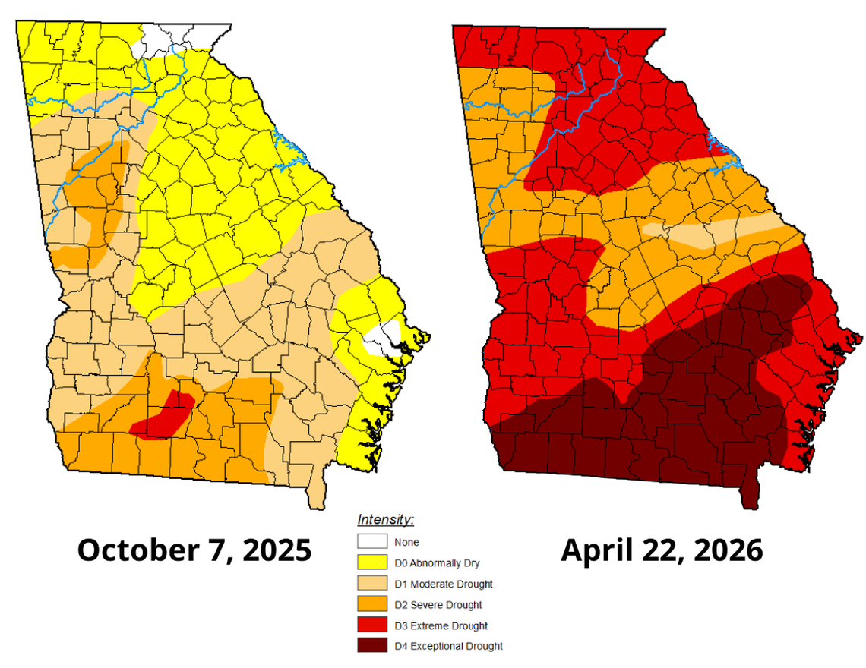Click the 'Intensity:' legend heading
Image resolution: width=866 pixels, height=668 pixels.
(x=385, y=521)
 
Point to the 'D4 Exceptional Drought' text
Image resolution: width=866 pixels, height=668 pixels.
(x=448, y=647)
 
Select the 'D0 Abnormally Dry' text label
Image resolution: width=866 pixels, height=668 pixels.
(x=437, y=563)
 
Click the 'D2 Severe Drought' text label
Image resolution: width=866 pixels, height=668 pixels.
(x=438, y=605)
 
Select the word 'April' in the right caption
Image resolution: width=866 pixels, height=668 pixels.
(x=598, y=550)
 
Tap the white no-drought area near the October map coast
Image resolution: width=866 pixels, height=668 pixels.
(x=384, y=339)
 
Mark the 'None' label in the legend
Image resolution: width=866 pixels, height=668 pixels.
(x=406, y=543)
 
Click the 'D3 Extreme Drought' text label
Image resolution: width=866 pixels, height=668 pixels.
(x=441, y=626)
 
